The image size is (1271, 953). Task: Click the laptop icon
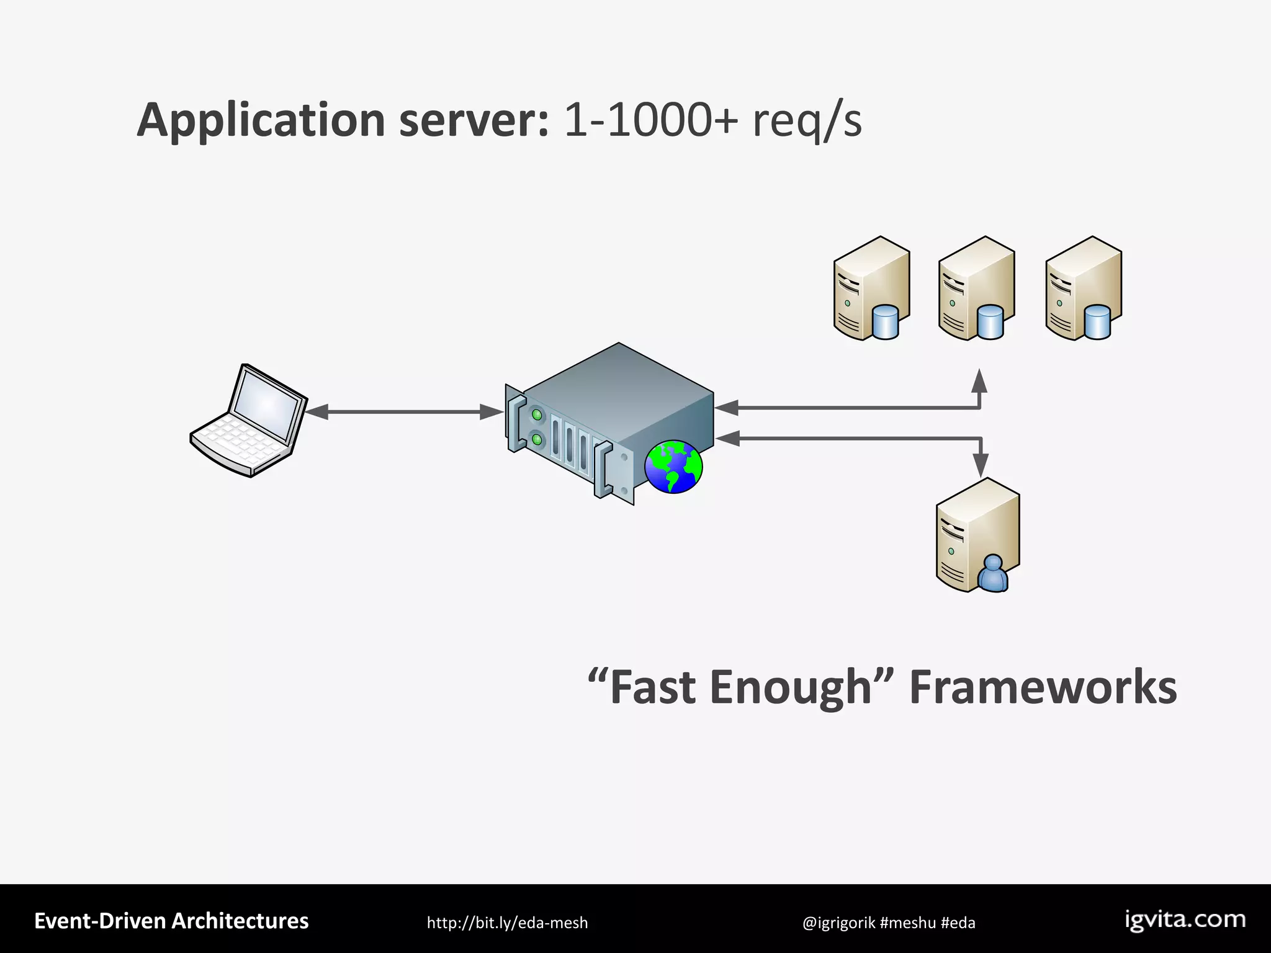(x=248, y=422)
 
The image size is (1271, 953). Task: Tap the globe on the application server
(x=673, y=467)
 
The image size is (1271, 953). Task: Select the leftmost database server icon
(x=871, y=289)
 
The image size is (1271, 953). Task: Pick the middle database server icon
(x=976, y=289)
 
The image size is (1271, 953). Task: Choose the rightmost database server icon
(x=1083, y=289)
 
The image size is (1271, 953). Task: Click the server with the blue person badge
(x=977, y=535)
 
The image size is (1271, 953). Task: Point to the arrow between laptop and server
(x=403, y=411)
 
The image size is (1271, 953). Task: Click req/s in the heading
(x=807, y=121)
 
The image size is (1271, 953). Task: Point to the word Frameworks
(x=1043, y=687)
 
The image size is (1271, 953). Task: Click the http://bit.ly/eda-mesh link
(x=507, y=923)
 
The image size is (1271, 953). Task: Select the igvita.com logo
(x=1185, y=920)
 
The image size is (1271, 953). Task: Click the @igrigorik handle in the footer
(x=838, y=923)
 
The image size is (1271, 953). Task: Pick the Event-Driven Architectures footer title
(x=171, y=921)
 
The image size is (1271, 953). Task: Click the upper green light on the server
(x=537, y=413)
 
